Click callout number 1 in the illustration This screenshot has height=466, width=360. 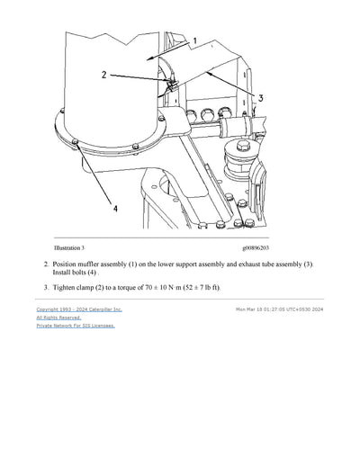tap(194, 40)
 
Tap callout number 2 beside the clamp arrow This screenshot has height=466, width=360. tap(104, 76)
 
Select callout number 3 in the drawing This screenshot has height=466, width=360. tap(260, 97)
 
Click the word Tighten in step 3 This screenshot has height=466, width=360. tap(68, 287)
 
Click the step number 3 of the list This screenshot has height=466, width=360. tap(46, 287)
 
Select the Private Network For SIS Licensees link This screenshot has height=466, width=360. tap(76, 326)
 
